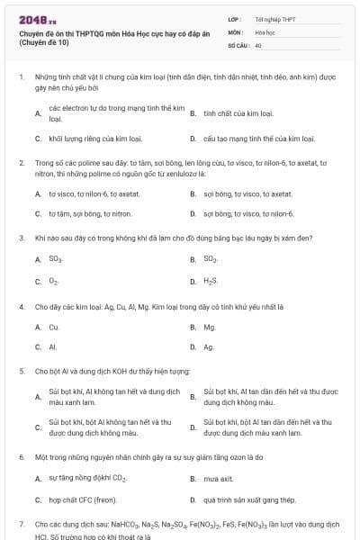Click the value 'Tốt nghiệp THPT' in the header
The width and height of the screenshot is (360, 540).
[274, 19]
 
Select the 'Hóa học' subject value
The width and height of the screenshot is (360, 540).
[265, 31]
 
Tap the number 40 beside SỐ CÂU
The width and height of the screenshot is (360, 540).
[258, 44]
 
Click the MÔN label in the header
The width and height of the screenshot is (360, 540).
[235, 31]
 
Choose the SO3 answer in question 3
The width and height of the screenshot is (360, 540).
[55, 259]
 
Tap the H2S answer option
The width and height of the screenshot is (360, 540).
[211, 282]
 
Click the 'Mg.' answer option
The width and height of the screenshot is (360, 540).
[210, 327]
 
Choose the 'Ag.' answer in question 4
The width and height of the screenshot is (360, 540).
[209, 346]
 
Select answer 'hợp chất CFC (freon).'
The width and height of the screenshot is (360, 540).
[82, 499]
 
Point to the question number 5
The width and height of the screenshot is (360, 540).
[22, 370]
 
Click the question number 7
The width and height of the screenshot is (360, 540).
[22, 523]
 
